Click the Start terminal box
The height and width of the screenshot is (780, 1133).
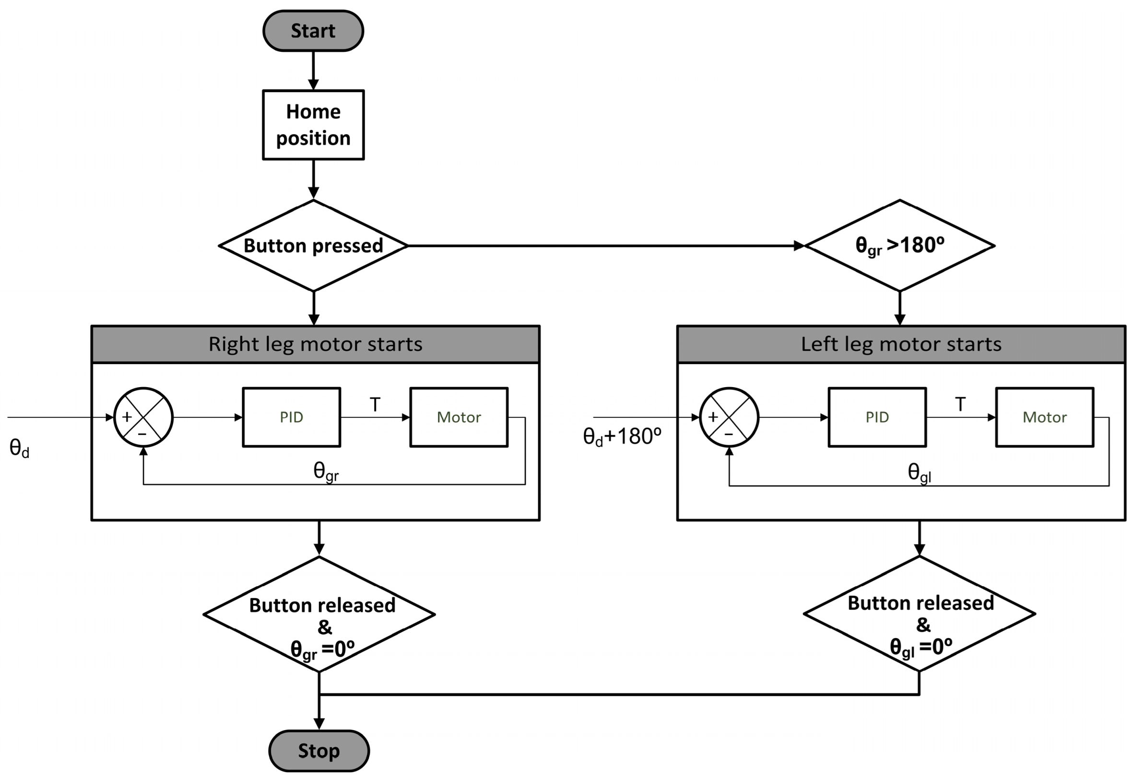(313, 31)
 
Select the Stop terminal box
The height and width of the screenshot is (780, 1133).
(319, 751)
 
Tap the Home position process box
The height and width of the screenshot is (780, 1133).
(313, 125)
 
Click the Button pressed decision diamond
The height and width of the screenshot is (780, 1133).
(313, 245)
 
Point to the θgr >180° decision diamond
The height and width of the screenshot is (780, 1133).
(899, 245)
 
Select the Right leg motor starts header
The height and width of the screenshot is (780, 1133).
(315, 344)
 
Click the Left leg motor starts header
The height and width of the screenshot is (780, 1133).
(900, 344)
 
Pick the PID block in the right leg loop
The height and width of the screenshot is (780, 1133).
(291, 417)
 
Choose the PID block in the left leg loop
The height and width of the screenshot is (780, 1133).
(877, 417)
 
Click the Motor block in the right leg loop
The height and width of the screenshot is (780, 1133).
(458, 417)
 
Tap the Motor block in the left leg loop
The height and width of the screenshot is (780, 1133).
(1044, 417)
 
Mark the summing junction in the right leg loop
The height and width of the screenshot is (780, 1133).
(143, 417)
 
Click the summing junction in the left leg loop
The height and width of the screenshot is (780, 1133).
(729, 417)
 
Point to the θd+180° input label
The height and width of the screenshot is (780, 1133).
(622, 437)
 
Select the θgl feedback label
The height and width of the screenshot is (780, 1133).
(919, 473)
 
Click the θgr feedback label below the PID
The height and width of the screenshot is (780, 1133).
(325, 471)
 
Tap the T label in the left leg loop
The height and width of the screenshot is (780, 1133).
(960, 404)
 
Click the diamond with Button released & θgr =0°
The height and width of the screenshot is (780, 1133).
(319, 615)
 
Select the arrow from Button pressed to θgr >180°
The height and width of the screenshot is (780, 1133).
(606, 246)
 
